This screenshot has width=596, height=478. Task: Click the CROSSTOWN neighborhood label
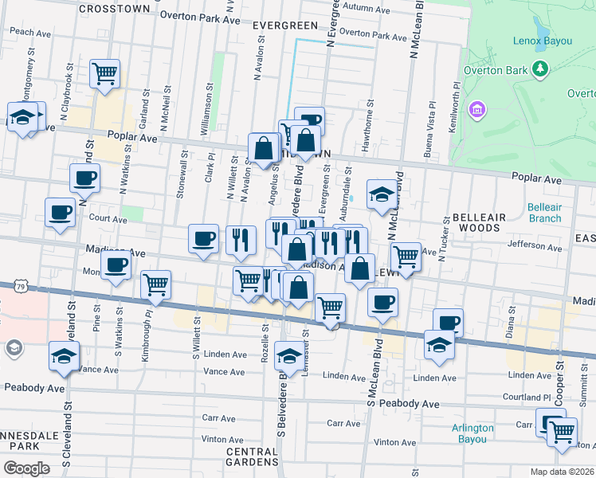click(115, 8)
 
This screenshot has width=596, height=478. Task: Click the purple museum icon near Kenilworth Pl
click(478, 108)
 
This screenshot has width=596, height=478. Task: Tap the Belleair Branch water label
click(544, 213)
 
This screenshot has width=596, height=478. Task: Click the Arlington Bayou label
click(473, 433)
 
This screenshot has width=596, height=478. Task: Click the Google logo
click(26, 468)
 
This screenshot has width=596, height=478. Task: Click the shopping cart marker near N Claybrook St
click(105, 73)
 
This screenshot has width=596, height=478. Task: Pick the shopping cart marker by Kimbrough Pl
click(155, 284)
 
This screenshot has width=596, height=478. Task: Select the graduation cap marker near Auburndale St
click(382, 194)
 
